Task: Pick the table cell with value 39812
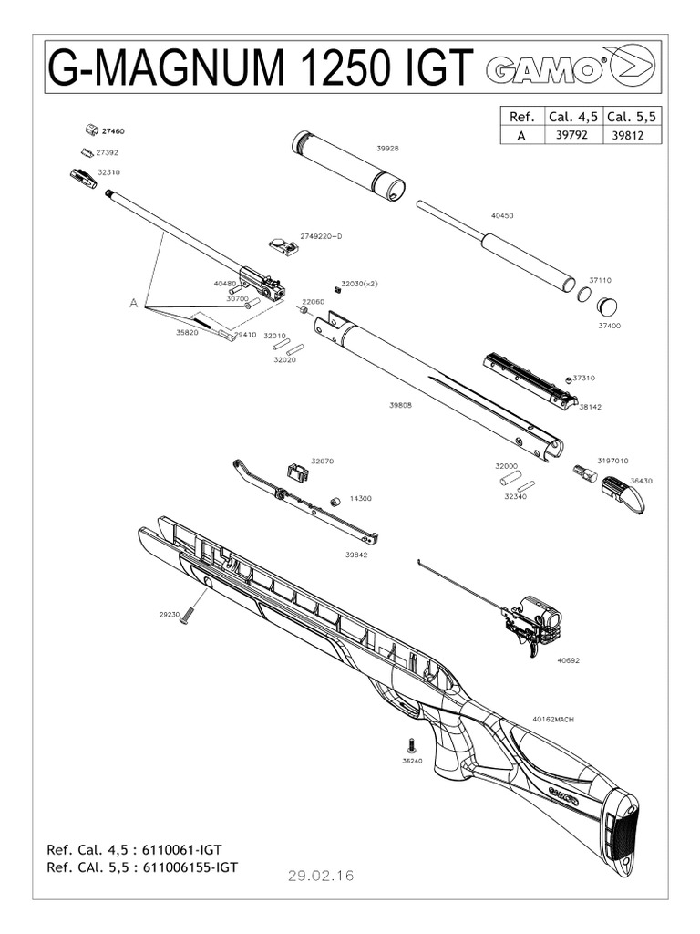(632, 133)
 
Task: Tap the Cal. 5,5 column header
(632, 116)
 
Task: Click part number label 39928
(387, 148)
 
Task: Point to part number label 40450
(502, 216)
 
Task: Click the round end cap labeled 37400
(607, 306)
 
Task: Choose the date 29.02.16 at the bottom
(320, 876)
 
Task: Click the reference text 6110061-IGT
(181, 849)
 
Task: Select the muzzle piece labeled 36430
(627, 495)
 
